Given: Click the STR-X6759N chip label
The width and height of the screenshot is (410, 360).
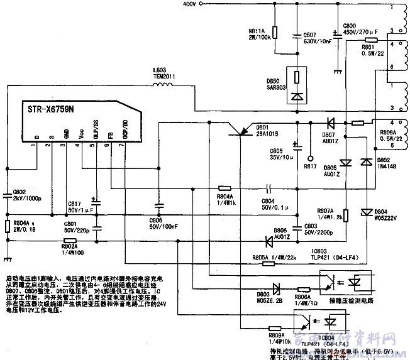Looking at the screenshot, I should pos(51,109).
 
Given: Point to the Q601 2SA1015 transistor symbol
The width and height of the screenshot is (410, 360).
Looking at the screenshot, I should pos(240,131).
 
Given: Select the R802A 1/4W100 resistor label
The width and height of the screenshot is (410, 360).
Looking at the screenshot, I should pos(74,250).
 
